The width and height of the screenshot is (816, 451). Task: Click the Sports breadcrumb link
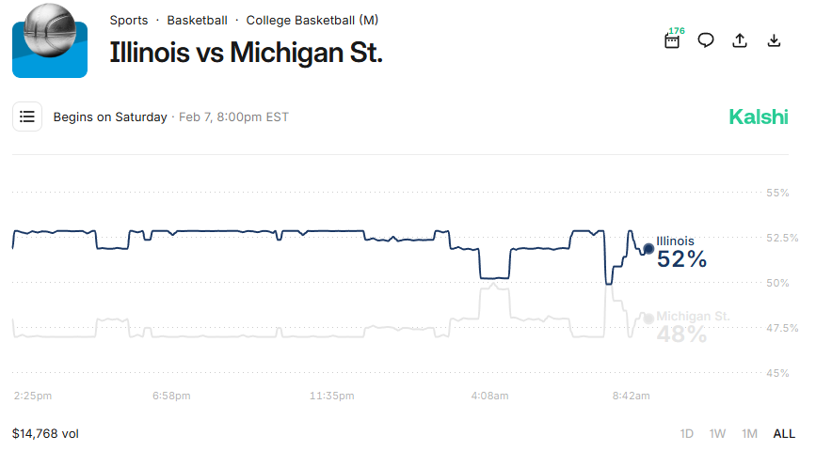(129, 20)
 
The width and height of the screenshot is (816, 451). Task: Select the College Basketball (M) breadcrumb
(312, 20)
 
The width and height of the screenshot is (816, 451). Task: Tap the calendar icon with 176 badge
(672, 40)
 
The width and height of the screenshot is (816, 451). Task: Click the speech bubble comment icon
(706, 40)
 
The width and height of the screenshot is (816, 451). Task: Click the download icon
(774, 40)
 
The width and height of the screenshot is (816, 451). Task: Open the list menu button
(27, 117)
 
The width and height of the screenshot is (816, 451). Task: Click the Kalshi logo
(759, 117)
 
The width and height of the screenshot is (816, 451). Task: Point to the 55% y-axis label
(777, 193)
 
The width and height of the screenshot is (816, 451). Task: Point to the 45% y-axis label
(777, 373)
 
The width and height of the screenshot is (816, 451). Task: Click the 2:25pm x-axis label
(33, 397)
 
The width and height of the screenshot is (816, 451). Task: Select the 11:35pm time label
(332, 397)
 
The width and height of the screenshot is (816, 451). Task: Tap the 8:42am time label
(631, 397)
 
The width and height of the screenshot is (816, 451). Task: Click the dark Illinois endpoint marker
(648, 249)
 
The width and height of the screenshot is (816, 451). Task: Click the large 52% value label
(682, 259)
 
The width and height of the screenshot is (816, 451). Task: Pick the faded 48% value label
(682, 334)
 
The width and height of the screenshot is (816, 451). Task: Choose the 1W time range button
(718, 433)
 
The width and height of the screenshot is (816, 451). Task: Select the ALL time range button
(784, 433)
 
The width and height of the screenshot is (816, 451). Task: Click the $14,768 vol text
(45, 433)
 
